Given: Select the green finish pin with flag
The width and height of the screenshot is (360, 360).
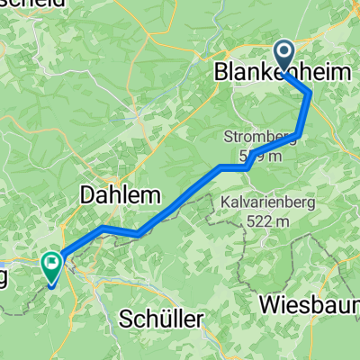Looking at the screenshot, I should click(x=52, y=266).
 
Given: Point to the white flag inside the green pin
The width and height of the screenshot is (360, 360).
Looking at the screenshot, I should click(x=52, y=265).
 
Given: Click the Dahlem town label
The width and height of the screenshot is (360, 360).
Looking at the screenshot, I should click(x=120, y=193).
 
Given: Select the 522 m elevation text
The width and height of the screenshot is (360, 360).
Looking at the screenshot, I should click(x=268, y=220).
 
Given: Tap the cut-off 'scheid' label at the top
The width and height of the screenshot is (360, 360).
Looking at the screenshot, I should click(x=31, y=4).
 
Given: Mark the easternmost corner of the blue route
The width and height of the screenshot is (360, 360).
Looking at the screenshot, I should click(x=310, y=93).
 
